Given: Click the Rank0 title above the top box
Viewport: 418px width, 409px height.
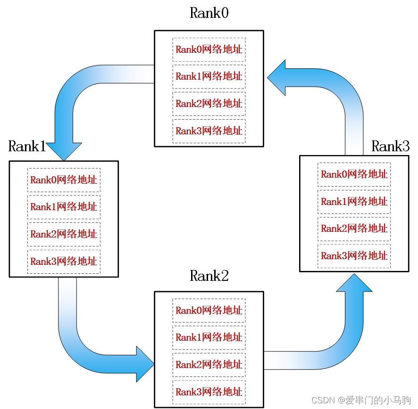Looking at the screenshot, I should coord(209,13).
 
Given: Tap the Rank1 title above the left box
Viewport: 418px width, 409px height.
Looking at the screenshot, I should coord(27,147).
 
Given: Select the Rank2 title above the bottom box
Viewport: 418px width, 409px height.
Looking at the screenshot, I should coord(209,276).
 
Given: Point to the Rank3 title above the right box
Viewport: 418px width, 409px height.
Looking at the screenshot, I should coord(390,147).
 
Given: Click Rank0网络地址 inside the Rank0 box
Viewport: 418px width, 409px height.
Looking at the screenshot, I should coord(209,49).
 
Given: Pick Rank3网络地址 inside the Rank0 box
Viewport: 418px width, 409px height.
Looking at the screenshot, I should coord(209,131).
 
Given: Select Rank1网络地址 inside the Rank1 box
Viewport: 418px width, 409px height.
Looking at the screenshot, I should coord(64,207).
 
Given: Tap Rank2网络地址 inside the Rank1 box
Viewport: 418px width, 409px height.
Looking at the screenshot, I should coord(64,234).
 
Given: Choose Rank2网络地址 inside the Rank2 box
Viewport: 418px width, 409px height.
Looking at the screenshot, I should coord(209,365).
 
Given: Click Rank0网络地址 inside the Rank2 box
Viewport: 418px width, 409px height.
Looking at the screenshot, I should coord(209,311).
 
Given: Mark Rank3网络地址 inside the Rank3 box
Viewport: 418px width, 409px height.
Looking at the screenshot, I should coord(354,256).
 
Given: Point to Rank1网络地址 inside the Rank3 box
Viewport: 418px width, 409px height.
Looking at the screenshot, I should coord(354,202).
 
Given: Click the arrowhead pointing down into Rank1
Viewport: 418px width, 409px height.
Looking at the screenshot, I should coord(64,151).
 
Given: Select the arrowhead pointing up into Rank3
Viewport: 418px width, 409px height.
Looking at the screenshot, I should coord(354,283).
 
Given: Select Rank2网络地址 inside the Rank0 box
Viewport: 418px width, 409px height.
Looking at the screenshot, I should coord(209,104).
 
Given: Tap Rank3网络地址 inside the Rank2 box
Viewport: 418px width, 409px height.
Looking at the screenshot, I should coord(209,392).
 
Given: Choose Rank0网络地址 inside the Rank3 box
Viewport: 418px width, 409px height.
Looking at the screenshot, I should coord(354,174).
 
